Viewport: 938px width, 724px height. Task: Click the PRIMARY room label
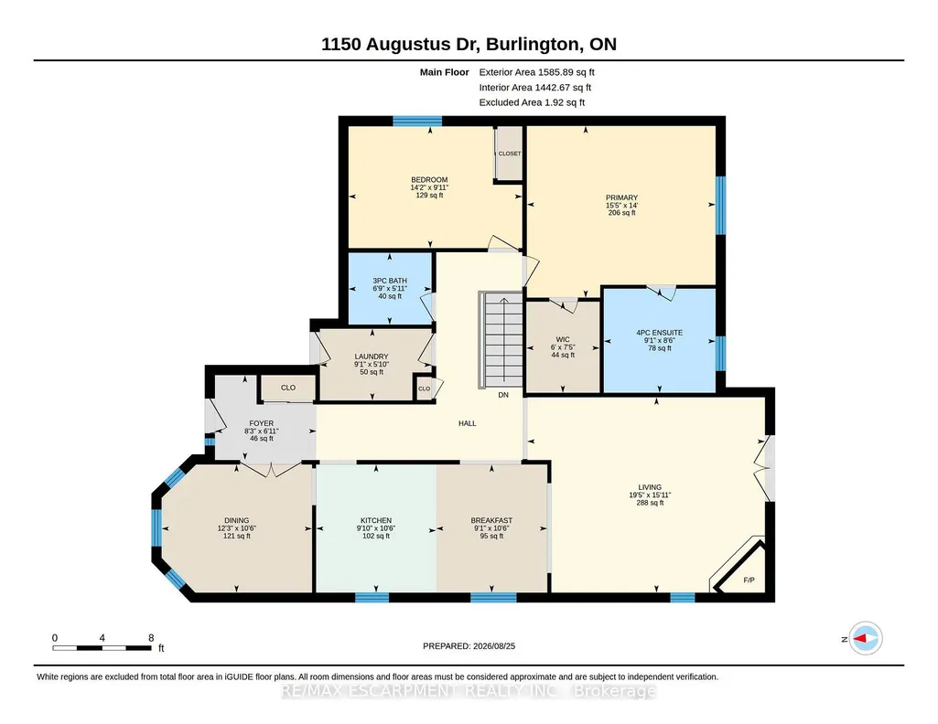pyautogui.click(x=621, y=197)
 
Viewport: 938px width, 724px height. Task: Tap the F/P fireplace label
pyautogui.click(x=749, y=580)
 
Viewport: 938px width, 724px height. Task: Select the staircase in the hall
pyautogui.click(x=501, y=339)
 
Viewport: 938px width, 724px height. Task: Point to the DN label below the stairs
pyautogui.click(x=503, y=395)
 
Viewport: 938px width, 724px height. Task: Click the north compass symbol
pyautogui.click(x=866, y=639)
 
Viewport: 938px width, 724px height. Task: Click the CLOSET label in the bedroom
pyautogui.click(x=510, y=154)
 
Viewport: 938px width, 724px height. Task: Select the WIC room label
pyautogui.click(x=562, y=339)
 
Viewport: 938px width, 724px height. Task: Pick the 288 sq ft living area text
pyautogui.click(x=650, y=503)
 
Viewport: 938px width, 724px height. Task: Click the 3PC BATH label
pyautogui.click(x=390, y=281)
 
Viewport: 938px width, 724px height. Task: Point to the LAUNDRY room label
pyautogui.click(x=371, y=357)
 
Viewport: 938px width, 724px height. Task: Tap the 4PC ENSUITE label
pyautogui.click(x=659, y=333)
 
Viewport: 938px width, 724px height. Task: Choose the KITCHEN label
pyautogui.click(x=376, y=520)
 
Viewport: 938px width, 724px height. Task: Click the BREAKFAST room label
pyautogui.click(x=491, y=520)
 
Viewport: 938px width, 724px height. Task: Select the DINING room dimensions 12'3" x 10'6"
pyautogui.click(x=236, y=528)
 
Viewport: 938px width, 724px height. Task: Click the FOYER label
pyautogui.click(x=262, y=423)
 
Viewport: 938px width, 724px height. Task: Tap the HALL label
pyautogui.click(x=468, y=423)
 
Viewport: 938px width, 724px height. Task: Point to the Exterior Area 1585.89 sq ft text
pyautogui.click(x=536, y=72)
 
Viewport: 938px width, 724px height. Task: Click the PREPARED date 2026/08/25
pyautogui.click(x=493, y=645)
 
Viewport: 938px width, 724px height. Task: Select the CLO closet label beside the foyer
pyautogui.click(x=287, y=388)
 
